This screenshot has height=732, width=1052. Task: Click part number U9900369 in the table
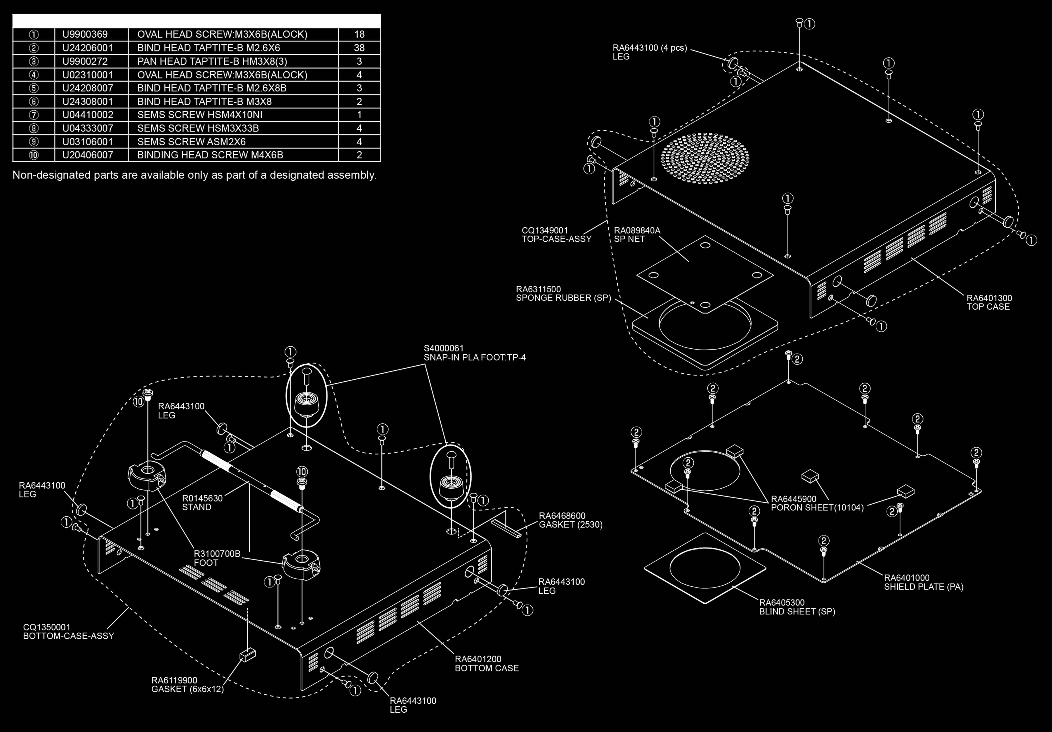pyautogui.click(x=85, y=34)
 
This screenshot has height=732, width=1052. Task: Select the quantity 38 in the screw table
pyautogui.click(x=359, y=48)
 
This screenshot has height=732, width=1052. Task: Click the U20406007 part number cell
pyautogui.click(x=87, y=155)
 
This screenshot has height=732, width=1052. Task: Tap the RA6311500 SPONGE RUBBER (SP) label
pyautogui.click(x=563, y=294)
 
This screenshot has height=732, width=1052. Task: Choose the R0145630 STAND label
pyautogui.click(x=202, y=502)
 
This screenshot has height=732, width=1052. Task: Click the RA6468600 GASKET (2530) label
pyautogui.click(x=570, y=520)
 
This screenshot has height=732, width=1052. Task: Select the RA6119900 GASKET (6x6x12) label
pyautogui.click(x=187, y=684)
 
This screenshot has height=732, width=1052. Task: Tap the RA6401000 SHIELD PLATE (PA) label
pyautogui.click(x=923, y=582)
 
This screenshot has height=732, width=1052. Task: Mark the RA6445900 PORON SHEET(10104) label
pyautogui.click(x=817, y=503)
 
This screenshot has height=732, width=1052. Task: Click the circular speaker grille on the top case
pyautogui.click(x=705, y=158)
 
